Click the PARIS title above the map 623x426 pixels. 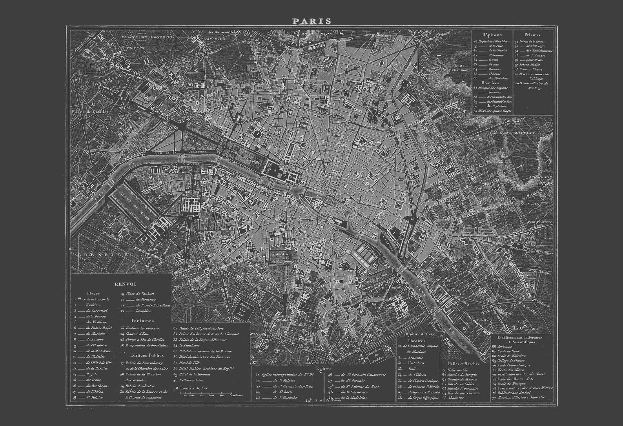pos(311,21)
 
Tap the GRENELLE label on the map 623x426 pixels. pos(103,255)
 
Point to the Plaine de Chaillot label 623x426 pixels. pos(89,111)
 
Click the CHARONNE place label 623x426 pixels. pos(541,177)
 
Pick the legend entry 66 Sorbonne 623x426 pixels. pos(504,346)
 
